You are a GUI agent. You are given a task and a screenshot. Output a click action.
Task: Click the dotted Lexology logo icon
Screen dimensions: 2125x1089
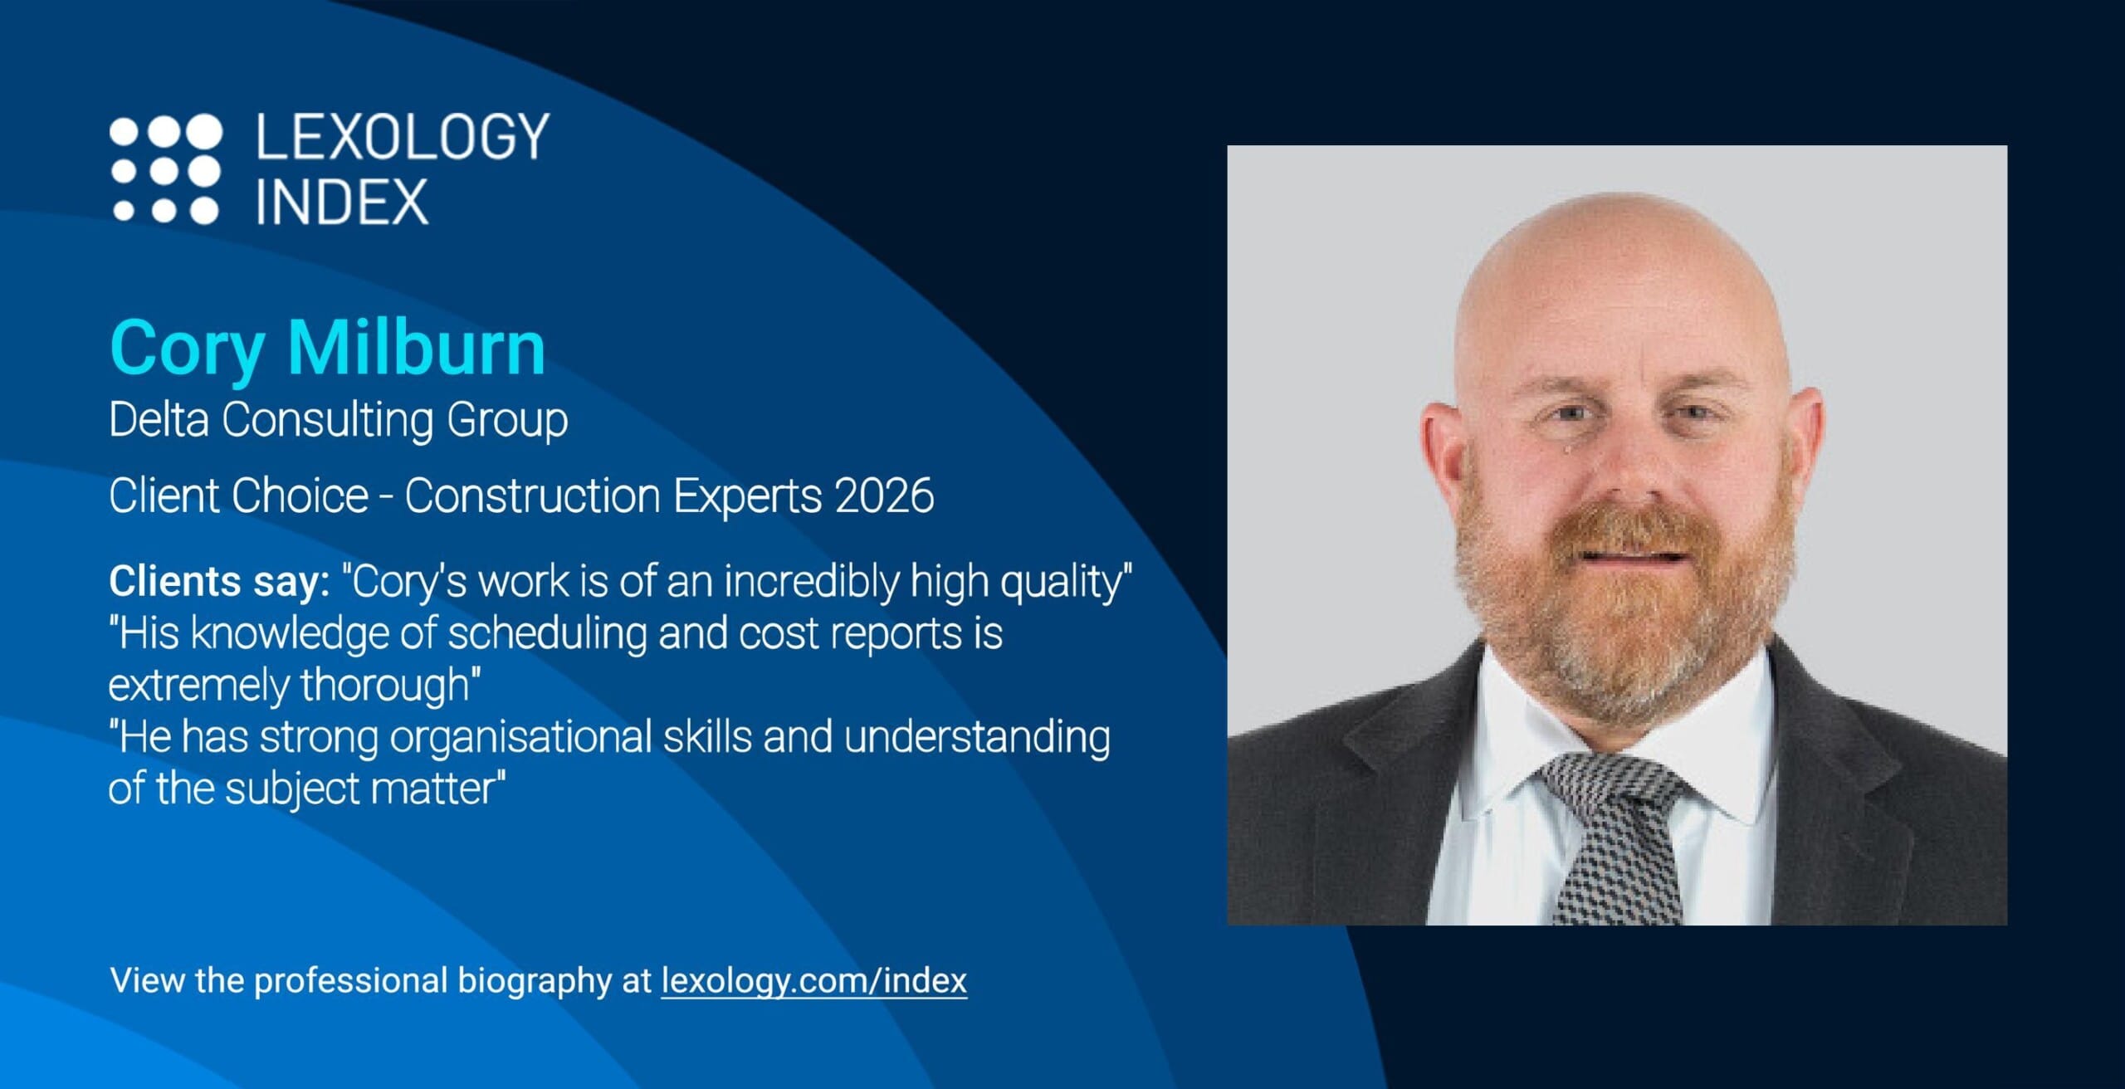[166, 169]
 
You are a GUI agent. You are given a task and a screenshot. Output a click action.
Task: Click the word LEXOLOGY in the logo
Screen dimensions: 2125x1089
[403, 137]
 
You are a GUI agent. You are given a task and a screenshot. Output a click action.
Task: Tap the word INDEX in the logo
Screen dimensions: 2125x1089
[342, 202]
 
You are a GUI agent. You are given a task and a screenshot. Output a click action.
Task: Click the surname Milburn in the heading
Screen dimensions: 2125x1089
[416, 347]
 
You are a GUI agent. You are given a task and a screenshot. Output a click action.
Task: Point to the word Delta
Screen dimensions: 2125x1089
[159, 419]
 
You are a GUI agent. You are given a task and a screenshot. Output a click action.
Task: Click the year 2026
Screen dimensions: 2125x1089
[885, 496]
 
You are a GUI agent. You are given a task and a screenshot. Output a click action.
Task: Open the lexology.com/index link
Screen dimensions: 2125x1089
[814, 981]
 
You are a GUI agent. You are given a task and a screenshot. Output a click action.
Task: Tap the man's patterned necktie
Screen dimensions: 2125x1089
[1611, 838]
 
